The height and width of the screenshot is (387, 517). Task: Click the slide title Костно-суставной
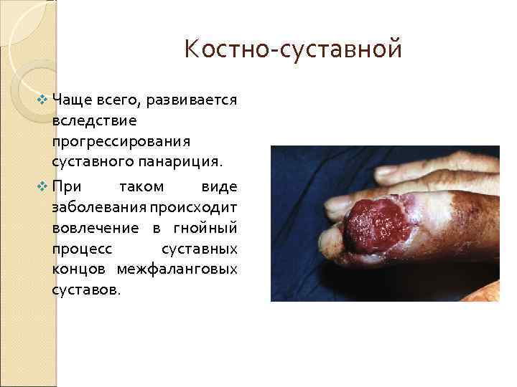(x=293, y=50)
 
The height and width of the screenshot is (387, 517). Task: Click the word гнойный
(x=209, y=228)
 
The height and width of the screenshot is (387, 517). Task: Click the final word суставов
(x=82, y=290)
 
